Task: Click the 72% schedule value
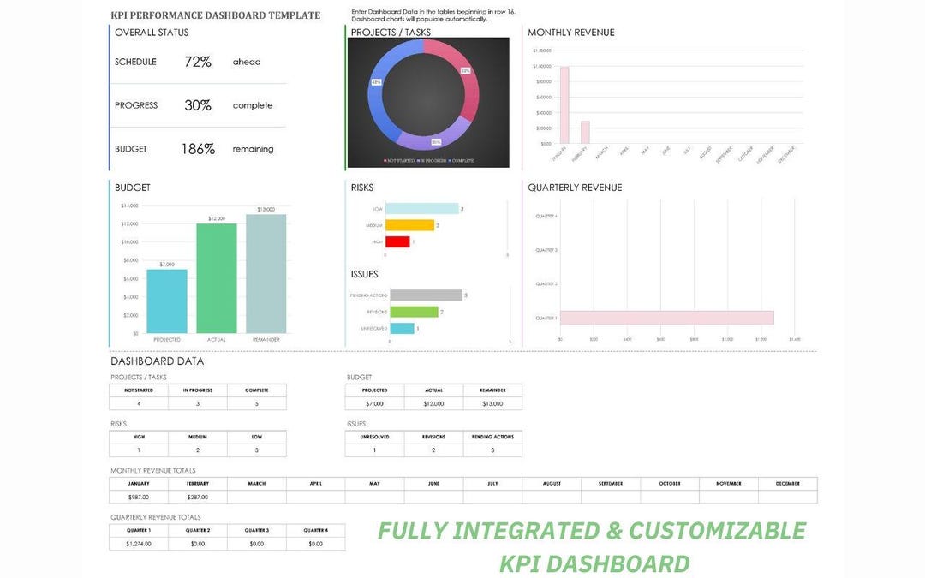pyautogui.click(x=198, y=62)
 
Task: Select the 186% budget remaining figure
pyautogui.click(x=198, y=149)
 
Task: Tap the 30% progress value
pyautogui.click(x=198, y=105)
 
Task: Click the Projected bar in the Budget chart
pyautogui.click(x=167, y=301)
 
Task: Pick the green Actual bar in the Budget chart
pyautogui.click(x=217, y=278)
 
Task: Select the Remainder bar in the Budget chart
pyautogui.click(x=266, y=274)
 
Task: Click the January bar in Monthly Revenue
pyautogui.click(x=564, y=105)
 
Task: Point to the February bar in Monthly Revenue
pyautogui.click(x=586, y=133)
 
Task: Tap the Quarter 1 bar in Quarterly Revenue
pyautogui.click(x=666, y=318)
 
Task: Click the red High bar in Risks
pyautogui.click(x=397, y=242)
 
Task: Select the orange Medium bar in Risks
pyautogui.click(x=409, y=225)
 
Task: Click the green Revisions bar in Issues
pyautogui.click(x=414, y=312)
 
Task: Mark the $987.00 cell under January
pyautogui.click(x=138, y=497)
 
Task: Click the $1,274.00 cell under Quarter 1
pyautogui.click(x=138, y=544)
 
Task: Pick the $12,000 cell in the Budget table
pyautogui.click(x=433, y=403)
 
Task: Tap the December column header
pyautogui.click(x=787, y=484)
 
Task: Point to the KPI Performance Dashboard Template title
pyautogui.click(x=216, y=15)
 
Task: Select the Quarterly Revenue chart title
pyautogui.click(x=575, y=188)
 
